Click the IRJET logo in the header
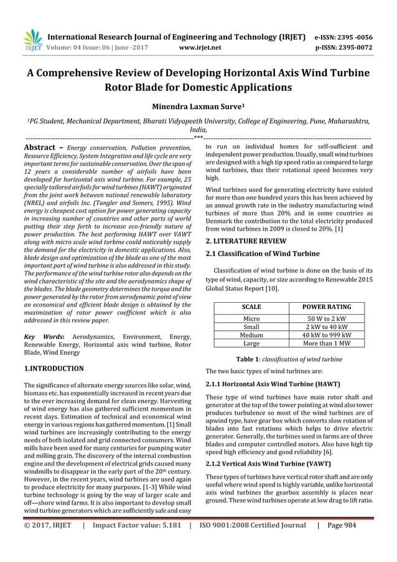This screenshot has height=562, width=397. [31, 40]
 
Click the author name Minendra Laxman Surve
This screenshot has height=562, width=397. [198, 106]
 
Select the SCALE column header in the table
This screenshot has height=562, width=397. [251, 307]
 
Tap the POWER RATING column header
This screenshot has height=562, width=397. [327, 307]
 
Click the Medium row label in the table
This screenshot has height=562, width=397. [251, 334]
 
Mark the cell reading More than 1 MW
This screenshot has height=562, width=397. [327, 343]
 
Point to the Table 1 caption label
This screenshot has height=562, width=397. [247, 360]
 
